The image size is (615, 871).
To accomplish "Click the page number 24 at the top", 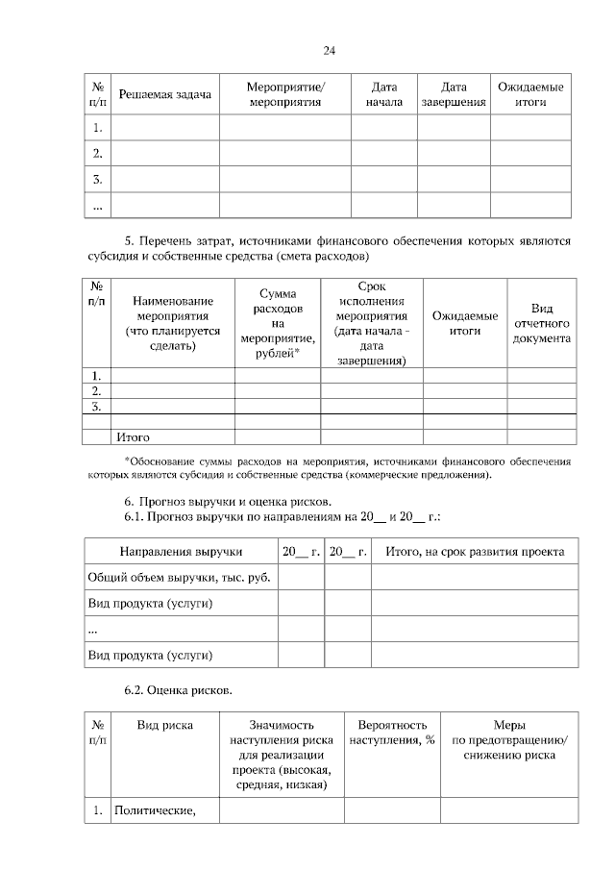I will coord(329,50).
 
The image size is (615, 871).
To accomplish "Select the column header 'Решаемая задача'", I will coord(164,94).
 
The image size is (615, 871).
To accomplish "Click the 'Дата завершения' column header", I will coord(454,94).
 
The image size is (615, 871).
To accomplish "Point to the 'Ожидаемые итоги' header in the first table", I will coord(530,94).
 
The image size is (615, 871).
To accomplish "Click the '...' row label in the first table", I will coord(98,206).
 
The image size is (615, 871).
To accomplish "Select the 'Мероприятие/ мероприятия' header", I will coord(285,94).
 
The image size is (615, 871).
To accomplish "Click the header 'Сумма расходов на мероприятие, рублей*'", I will coord(279,323).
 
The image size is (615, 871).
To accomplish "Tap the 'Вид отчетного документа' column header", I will coord(542,323).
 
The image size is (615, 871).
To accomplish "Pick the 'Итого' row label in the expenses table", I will coord(133,436).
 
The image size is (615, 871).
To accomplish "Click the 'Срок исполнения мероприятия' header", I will coord(372,323).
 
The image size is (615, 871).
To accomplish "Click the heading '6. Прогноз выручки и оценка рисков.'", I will coord(228,502).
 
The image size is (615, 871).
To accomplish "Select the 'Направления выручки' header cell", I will coord(181,551).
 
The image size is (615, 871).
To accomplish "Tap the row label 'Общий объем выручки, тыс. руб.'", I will coord(179,577).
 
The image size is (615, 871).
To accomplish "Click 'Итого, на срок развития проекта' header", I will coord(475,551).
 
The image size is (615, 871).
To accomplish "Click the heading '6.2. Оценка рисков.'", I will coord(177,689).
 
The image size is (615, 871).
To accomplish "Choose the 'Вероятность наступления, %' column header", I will coord(392,733).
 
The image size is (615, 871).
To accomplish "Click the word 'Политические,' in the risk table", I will coord(155,810).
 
